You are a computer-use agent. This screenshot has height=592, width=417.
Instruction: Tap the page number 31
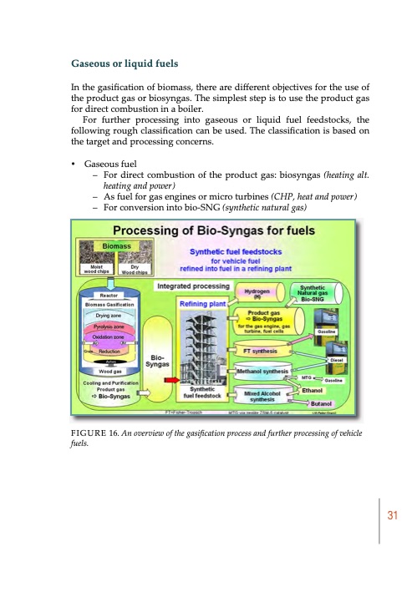tap(389, 516)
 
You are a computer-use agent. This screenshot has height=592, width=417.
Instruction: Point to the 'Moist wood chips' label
tap(94, 269)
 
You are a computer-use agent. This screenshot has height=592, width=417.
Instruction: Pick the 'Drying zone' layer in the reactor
tap(111, 316)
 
